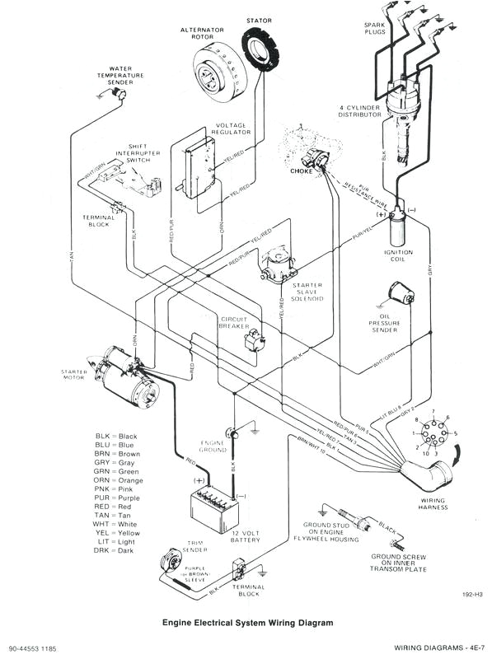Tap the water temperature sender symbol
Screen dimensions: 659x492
pos(120,96)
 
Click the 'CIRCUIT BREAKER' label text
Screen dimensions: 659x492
pos(234,322)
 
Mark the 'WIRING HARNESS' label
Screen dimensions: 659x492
pos(433,504)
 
